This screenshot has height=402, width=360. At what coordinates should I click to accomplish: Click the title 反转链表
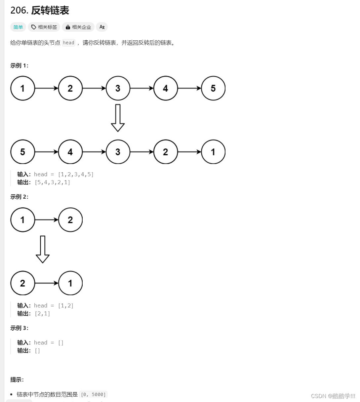(50, 11)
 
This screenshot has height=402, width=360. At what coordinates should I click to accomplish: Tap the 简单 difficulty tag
(18, 27)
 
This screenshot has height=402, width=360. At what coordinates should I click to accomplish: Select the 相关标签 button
(44, 27)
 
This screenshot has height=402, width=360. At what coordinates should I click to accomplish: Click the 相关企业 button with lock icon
(78, 27)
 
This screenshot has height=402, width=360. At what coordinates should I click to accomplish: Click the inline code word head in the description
(68, 43)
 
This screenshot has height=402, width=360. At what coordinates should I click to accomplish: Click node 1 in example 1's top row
(22, 88)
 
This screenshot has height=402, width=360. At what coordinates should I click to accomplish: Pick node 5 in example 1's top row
(213, 88)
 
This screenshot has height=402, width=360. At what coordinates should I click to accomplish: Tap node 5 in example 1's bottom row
(22, 152)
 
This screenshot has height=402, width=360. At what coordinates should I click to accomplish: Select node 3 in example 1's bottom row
(118, 152)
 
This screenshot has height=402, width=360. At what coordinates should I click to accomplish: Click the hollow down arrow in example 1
(118, 118)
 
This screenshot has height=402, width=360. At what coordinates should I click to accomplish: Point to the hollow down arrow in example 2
(42, 249)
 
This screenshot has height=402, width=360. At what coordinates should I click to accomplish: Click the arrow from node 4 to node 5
(189, 88)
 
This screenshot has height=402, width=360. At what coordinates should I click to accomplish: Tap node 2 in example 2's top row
(70, 220)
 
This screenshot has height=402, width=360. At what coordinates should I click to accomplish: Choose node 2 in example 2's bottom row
(22, 283)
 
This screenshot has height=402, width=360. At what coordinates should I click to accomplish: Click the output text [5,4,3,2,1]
(52, 182)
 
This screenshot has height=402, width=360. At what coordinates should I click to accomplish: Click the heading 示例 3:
(19, 328)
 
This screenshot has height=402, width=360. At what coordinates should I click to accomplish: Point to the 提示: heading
(17, 380)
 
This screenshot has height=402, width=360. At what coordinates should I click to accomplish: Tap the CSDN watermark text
(333, 396)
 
